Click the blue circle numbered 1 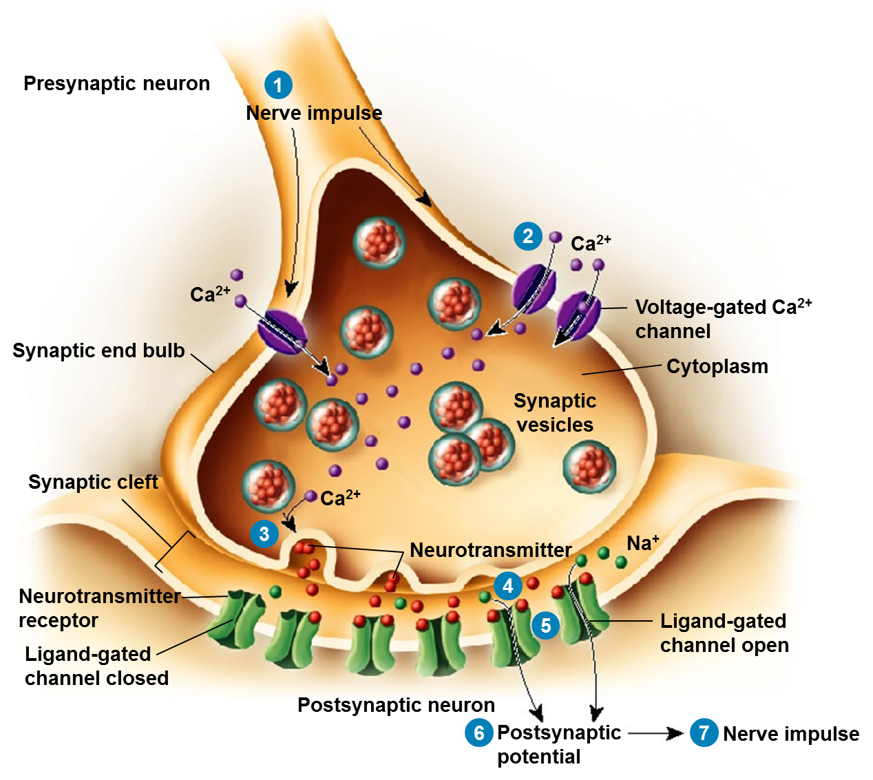278,85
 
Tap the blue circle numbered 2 528,236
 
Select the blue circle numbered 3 264,534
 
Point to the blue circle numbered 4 508,586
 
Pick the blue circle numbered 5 546,625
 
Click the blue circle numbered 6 479,732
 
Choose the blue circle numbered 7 704,732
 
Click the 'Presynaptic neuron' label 116,83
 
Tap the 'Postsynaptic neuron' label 396,705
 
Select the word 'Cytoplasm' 717,366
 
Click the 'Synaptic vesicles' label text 555,412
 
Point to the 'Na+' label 642,543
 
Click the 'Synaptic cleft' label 93,482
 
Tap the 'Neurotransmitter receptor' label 96,608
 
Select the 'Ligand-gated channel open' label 724,633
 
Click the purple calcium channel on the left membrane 282,331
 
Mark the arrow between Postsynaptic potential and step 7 655,733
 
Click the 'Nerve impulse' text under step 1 314,113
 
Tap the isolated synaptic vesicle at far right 589,467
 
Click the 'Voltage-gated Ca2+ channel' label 723,319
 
